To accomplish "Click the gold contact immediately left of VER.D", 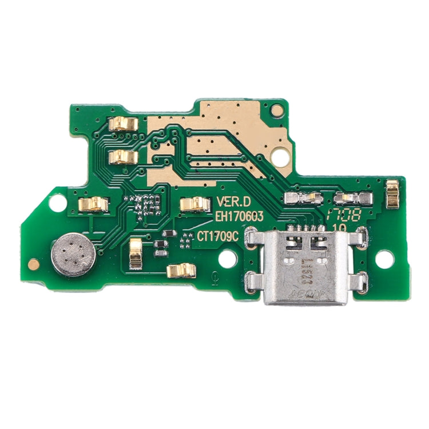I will coord(194,204).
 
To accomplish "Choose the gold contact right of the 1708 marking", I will coord(392,193).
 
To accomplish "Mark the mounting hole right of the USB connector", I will coord(386,258).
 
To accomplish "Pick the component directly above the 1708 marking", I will coord(347,198).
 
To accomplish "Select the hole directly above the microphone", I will coord(57,202).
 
